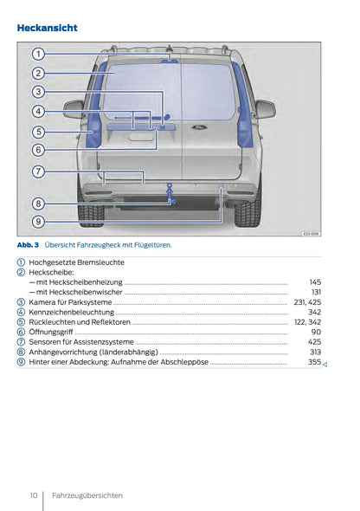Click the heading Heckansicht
click(x=48, y=28)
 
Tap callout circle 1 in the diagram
click(x=39, y=54)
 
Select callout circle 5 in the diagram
click(x=39, y=132)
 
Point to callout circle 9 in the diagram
click(x=39, y=222)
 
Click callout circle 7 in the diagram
click(x=39, y=171)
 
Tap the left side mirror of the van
click(x=74, y=109)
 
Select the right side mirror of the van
click(x=264, y=109)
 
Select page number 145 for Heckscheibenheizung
click(x=315, y=282)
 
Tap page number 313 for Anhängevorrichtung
click(x=315, y=352)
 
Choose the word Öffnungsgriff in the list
click(x=51, y=332)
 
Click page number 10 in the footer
click(x=33, y=495)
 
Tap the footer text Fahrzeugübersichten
click(x=87, y=495)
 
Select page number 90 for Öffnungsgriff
click(x=317, y=332)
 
